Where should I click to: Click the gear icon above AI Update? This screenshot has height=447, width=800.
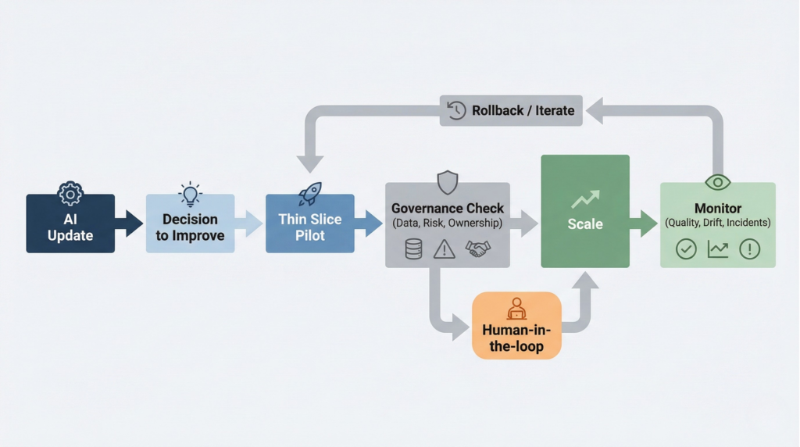coord(70,194)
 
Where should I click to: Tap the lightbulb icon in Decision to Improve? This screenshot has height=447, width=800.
coord(190,195)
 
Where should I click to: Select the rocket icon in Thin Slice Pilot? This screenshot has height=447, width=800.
coord(309,194)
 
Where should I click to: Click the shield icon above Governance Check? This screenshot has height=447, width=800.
coord(447,183)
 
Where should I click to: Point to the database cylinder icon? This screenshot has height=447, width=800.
coord(413,249)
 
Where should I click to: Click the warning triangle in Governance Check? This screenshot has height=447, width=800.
coord(445,249)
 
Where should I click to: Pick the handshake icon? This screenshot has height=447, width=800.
coord(478,249)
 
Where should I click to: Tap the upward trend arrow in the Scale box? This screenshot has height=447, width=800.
coord(585,199)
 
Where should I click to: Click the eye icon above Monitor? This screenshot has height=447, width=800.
coord(717,183)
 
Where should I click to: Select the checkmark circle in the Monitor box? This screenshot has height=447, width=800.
coord(686,249)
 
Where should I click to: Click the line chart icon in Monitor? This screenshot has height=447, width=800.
coord(718,249)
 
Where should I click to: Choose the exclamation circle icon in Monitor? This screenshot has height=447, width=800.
coord(749,249)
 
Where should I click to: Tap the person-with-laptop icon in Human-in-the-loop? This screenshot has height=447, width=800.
coord(516,309)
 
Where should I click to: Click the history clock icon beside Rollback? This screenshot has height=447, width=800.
coord(456,110)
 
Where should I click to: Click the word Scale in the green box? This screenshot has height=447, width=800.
coord(585,224)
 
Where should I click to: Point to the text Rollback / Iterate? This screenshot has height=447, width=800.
coord(523,110)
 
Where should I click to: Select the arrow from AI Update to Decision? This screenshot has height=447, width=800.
coord(130,223)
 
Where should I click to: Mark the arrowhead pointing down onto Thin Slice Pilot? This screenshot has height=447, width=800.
coord(310,163)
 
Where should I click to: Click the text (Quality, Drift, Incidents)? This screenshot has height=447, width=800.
coord(717,223)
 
